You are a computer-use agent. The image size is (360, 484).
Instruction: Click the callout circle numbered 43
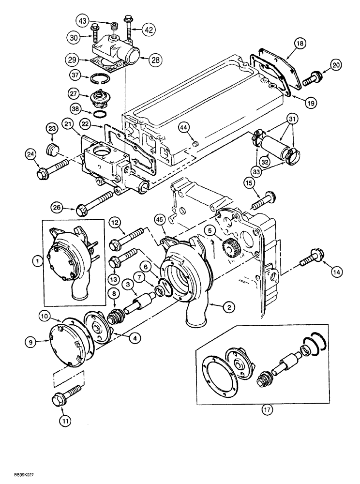84,21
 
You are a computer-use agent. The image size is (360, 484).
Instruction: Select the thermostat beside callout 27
102,100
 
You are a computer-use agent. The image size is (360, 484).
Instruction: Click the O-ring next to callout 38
100,115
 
